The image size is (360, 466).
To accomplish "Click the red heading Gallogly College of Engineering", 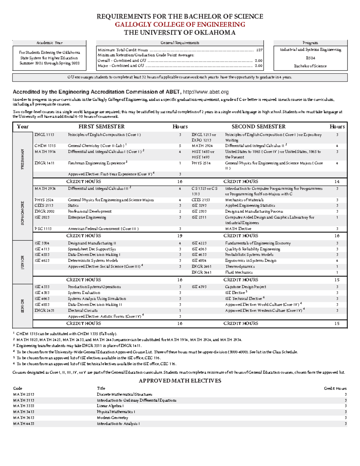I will [x=180, y=25].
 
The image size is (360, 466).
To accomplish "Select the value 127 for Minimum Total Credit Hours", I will [x=259, y=50].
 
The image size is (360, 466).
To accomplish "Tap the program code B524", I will [x=310, y=58].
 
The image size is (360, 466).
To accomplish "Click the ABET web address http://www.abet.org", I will [x=206, y=92].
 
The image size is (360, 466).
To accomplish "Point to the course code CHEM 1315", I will [x=45, y=146].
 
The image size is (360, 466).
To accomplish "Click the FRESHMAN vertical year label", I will [x=22, y=159].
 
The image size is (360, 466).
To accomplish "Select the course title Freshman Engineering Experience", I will [x=96, y=163].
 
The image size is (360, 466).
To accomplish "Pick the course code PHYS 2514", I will [x=201, y=163].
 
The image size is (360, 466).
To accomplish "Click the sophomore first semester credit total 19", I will [x=180, y=236].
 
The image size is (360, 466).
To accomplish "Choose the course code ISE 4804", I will [x=199, y=261].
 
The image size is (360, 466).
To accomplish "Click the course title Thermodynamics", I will [x=240, y=266].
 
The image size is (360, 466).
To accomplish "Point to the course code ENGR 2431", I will [x=44, y=311].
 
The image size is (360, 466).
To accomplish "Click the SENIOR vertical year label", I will [x=22, y=306].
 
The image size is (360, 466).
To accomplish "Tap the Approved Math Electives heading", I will [x=180, y=381].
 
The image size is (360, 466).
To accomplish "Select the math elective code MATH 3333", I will [x=24, y=406].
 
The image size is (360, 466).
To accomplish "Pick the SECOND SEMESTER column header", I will [x=258, y=127].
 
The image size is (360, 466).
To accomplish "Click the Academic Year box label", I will [x=49, y=43].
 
